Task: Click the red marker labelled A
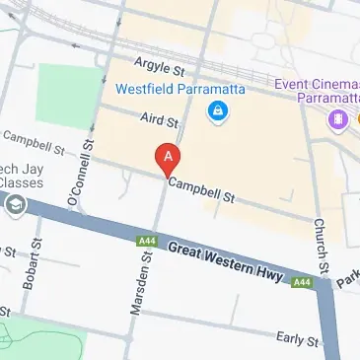(169, 157)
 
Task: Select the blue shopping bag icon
(215, 114)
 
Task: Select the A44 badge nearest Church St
(303, 283)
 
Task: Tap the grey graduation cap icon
(16, 204)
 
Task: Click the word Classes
(26, 183)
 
